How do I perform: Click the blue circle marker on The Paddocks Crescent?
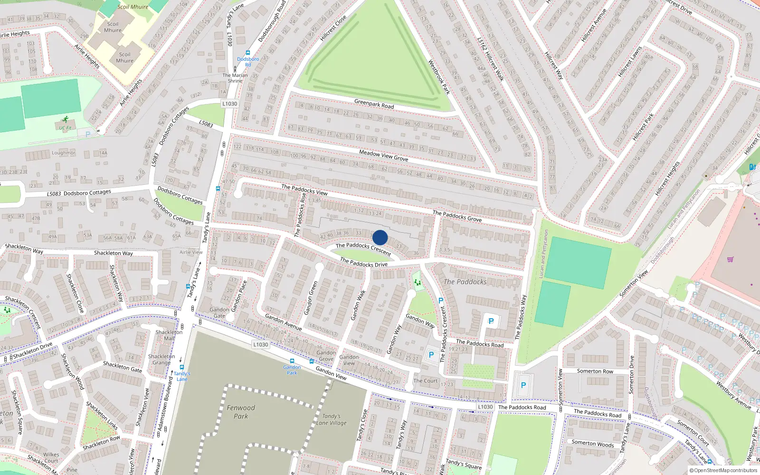pos(380,237)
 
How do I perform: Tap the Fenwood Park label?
pos(241,412)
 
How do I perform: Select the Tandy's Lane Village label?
pos(332,419)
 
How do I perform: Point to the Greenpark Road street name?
pos(374,104)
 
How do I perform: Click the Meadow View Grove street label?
pos(383,155)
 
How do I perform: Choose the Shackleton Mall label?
pos(169,335)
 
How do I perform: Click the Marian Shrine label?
pos(235,78)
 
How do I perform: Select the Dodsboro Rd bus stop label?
pos(248,62)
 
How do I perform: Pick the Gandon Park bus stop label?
pos(292,370)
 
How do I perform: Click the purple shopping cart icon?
pos(731,259)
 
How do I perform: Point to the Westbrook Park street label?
pos(439,77)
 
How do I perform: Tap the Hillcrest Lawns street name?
pos(630,62)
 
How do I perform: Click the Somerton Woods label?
pos(592,443)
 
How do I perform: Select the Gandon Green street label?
pos(311,298)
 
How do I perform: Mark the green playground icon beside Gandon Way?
pos(418,283)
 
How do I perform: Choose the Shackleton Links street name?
pos(102,416)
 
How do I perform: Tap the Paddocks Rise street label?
pos(300,215)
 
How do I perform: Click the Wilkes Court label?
pos(51,457)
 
